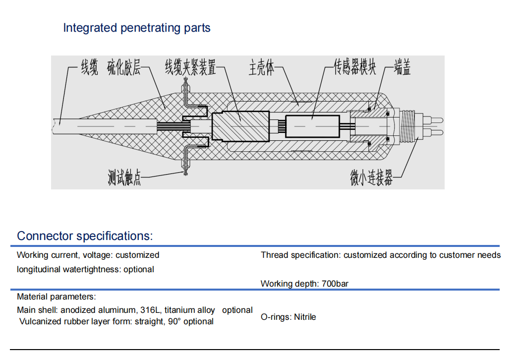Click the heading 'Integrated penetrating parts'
coord(136,28)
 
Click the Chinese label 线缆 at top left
coord(89,67)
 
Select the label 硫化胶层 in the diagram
coord(124,67)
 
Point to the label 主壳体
coord(261,67)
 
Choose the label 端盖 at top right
coord(402,67)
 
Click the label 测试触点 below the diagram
coord(124,178)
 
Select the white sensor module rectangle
coord(312,126)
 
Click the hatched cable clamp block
coord(240,126)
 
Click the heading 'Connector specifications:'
coord(85,236)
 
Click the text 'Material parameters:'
coord(56,297)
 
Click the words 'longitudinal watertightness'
coord(69,269)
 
